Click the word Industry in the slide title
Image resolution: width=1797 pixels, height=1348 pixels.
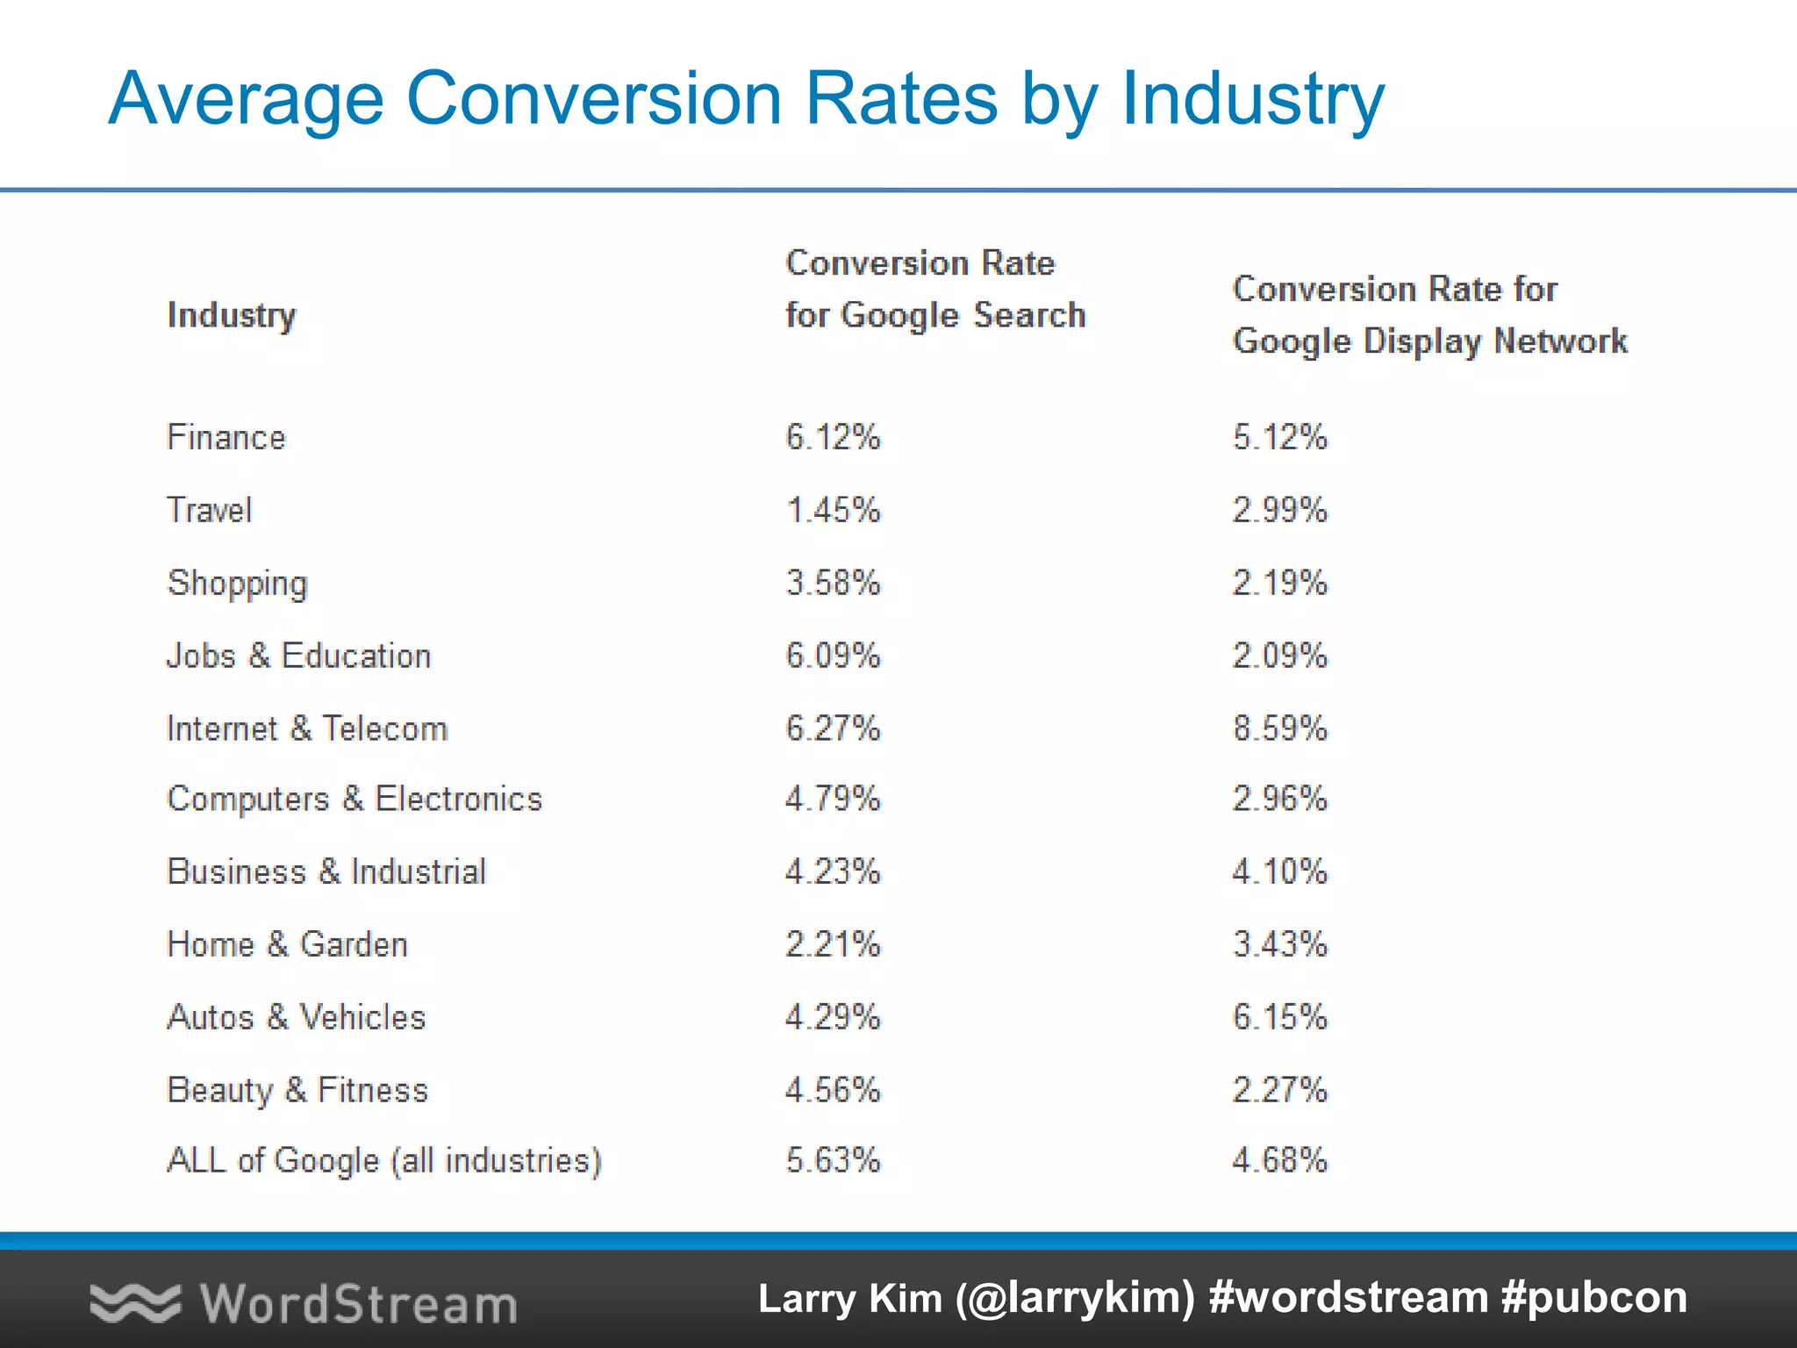click(x=1253, y=98)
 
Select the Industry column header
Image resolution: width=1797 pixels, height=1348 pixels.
click(x=232, y=315)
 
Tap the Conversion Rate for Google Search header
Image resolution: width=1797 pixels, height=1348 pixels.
click(x=934, y=289)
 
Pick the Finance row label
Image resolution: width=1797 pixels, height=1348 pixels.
click(x=226, y=437)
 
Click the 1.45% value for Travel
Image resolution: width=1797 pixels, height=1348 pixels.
click(x=832, y=510)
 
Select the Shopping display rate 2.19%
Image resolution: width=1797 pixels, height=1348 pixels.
click(x=1279, y=583)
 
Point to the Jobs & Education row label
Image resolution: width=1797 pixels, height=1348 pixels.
click(x=298, y=656)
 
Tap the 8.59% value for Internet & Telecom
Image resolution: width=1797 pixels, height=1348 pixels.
click(x=1279, y=728)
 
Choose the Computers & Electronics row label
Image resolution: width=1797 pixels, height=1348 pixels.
click(x=354, y=799)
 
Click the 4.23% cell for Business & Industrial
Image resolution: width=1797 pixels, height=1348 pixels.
click(x=832, y=871)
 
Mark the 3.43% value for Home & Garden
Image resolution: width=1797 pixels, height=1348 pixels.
click(x=1279, y=944)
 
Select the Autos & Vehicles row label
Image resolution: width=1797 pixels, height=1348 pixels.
click(x=296, y=1017)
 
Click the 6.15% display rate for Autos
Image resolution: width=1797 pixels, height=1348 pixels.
click(x=1279, y=1017)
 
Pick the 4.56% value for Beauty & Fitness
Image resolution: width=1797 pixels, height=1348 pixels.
click(x=832, y=1090)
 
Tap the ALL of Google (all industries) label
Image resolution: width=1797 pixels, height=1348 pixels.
click(x=384, y=1160)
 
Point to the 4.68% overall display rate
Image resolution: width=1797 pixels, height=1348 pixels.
click(x=1279, y=1160)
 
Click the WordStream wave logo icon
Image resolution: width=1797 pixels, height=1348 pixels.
click(x=135, y=1302)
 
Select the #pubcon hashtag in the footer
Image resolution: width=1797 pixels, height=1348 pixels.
click(x=1593, y=1298)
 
